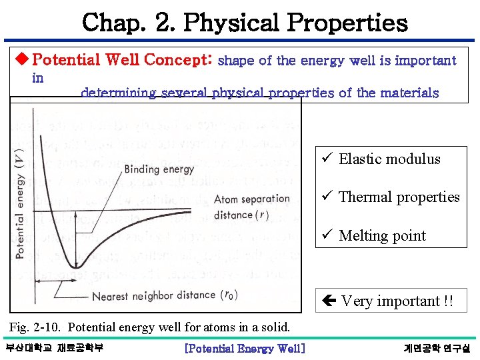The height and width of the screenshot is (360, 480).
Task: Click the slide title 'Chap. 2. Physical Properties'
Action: (x=245, y=23)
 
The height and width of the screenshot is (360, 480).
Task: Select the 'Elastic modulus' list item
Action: (x=389, y=159)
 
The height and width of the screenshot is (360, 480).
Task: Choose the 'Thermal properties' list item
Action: (x=399, y=197)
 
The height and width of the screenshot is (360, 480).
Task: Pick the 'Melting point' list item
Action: (x=382, y=235)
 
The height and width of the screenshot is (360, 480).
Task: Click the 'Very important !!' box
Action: (x=391, y=301)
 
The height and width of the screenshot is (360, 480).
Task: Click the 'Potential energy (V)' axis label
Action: (x=19, y=203)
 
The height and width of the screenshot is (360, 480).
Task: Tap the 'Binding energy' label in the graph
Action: (x=159, y=169)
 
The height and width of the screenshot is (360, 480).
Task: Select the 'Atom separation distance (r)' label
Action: (x=251, y=207)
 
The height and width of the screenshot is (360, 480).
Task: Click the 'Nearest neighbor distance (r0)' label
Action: (x=164, y=295)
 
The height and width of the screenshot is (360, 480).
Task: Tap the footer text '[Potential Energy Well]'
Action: (x=245, y=348)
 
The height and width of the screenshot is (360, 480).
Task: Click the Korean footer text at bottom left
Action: (x=54, y=348)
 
